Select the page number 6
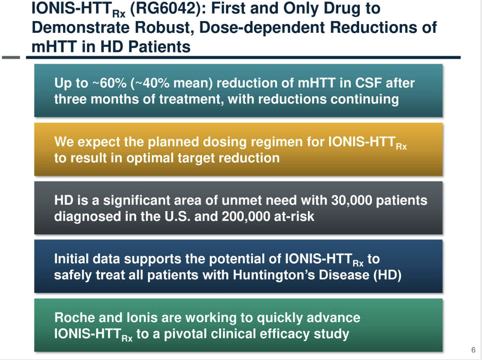[x=473, y=350]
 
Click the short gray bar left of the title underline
[x=11, y=57]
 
